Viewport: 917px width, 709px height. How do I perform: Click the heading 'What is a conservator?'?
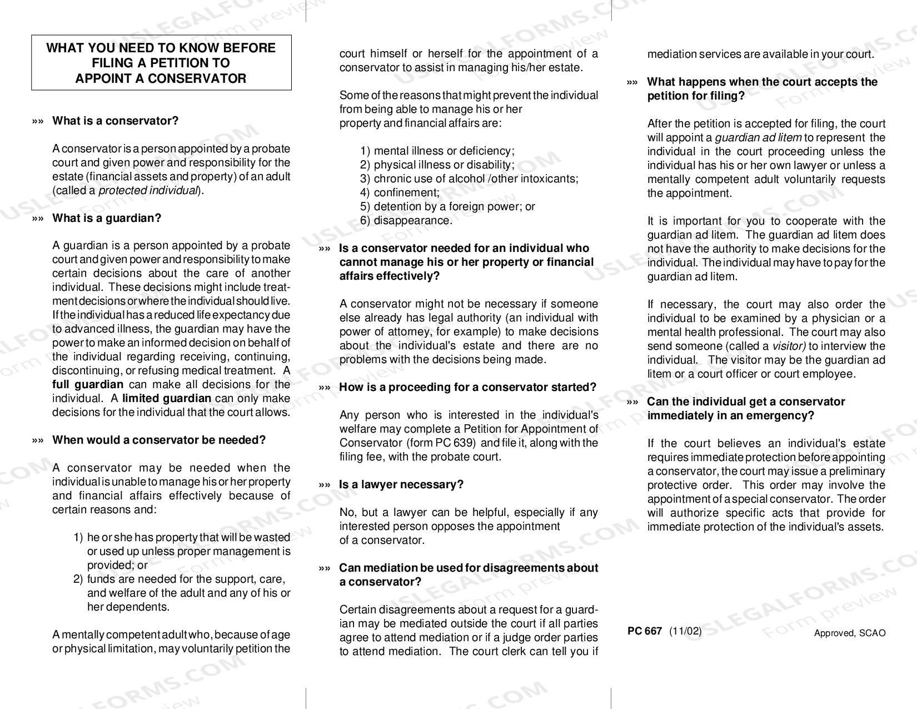(115, 121)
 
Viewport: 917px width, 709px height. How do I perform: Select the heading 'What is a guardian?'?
(107, 218)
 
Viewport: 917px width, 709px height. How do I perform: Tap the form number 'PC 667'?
(644, 631)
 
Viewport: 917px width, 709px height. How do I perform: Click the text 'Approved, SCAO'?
(850, 633)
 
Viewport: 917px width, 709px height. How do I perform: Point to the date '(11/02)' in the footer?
(685, 631)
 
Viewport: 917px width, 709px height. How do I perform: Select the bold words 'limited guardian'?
(167, 398)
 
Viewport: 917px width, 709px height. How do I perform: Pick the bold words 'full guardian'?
(88, 385)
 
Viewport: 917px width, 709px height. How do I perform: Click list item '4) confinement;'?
(400, 193)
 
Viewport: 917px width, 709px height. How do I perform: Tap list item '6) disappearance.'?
(406, 221)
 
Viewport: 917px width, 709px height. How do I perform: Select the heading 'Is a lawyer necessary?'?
(401, 485)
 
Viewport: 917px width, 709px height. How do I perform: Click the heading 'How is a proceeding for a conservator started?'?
(467, 388)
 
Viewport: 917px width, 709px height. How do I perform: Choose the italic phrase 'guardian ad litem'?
(757, 138)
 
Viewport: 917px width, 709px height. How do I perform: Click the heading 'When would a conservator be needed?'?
(159, 440)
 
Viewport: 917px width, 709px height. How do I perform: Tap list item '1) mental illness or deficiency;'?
(437, 151)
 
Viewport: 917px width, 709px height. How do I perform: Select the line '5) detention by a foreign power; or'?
(447, 207)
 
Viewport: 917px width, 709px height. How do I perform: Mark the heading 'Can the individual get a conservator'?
(746, 402)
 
